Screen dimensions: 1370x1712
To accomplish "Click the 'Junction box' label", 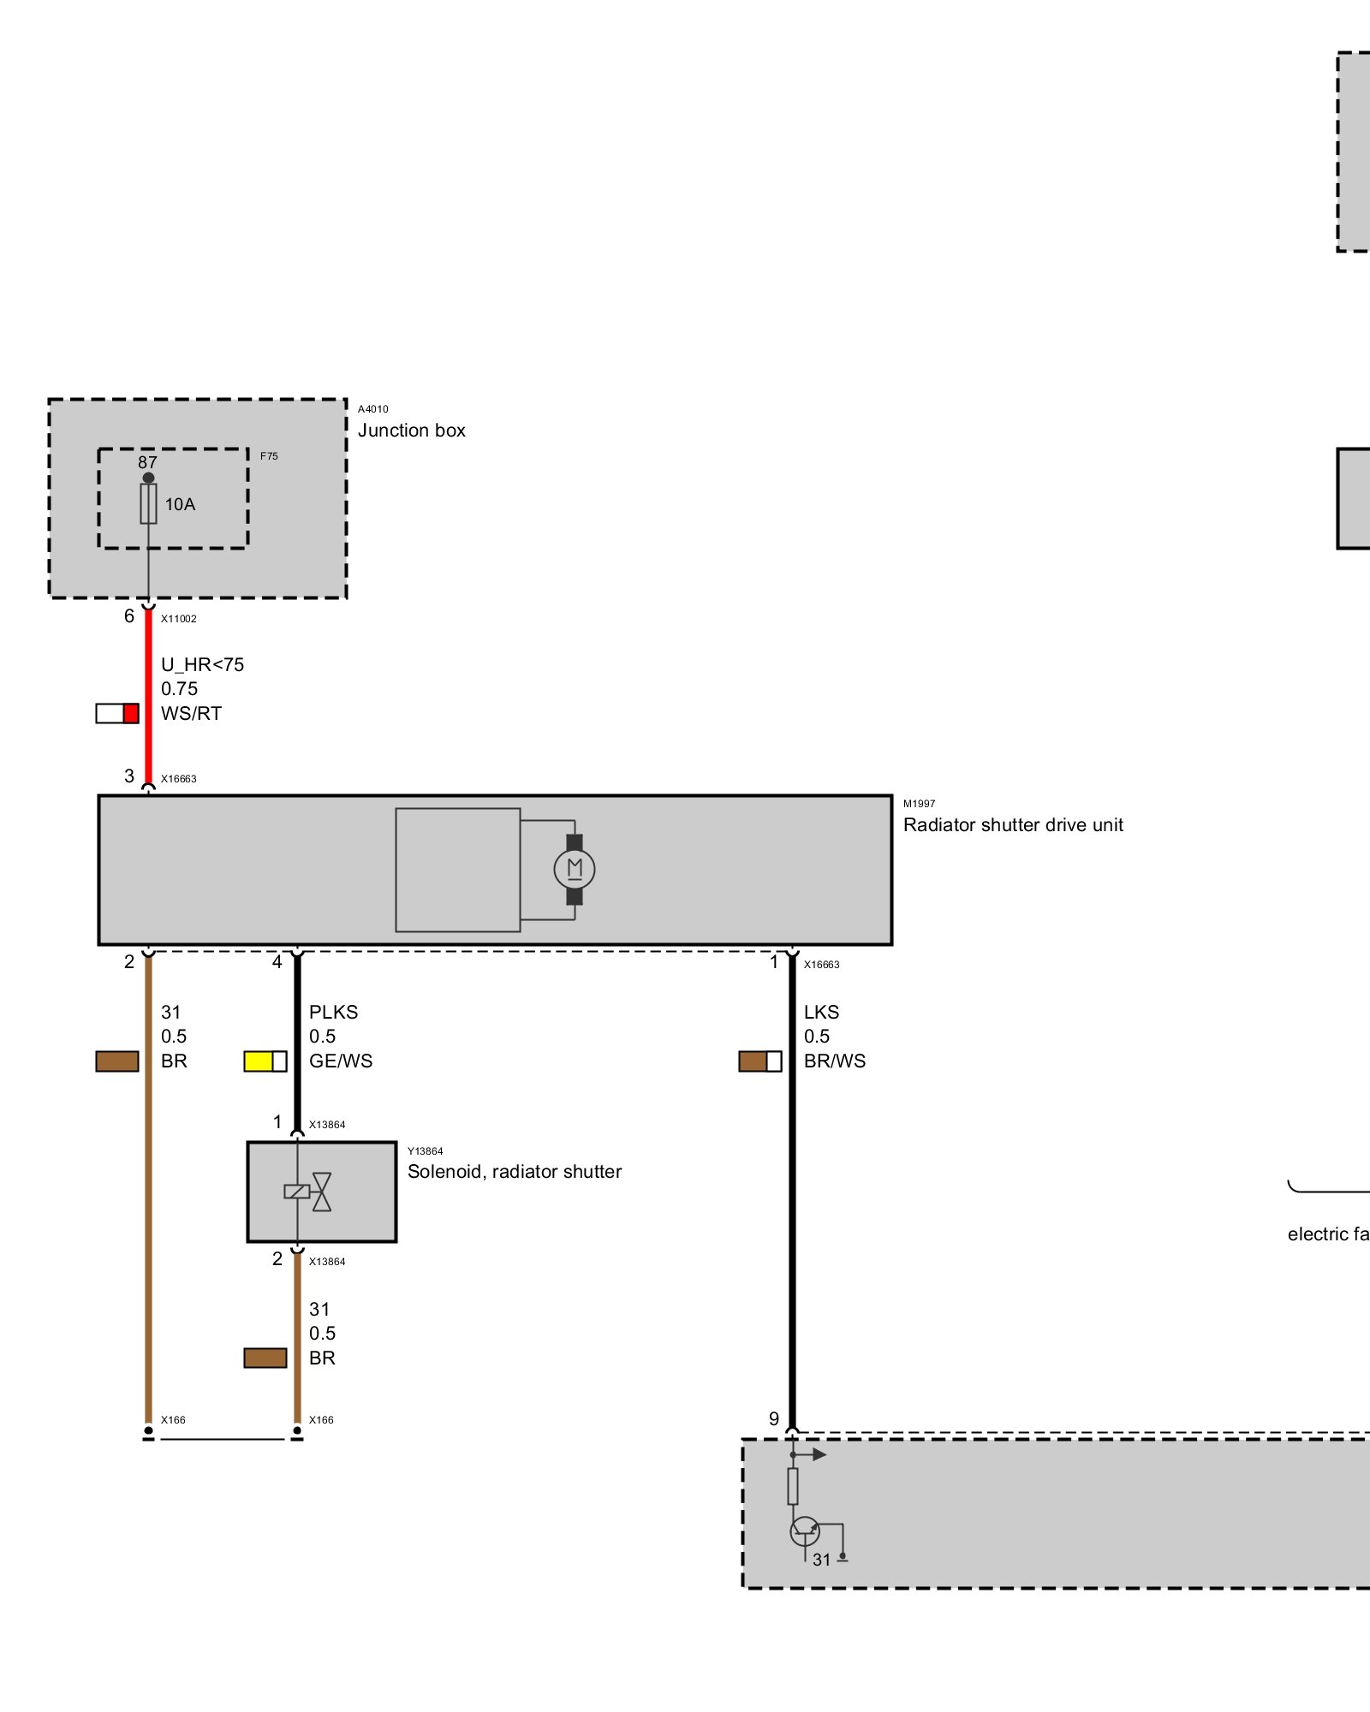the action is [411, 431].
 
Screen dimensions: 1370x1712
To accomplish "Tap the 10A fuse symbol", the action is [149, 504].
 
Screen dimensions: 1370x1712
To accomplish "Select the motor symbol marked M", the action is [575, 870].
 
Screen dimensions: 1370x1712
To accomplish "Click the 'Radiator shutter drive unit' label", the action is [1013, 825].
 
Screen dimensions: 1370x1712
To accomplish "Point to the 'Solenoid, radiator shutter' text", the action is [515, 1172].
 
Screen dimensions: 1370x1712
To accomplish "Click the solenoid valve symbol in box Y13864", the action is [308, 1192].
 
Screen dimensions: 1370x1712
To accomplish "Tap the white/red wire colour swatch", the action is [117, 713].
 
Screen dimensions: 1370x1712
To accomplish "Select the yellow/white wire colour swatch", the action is [265, 1061].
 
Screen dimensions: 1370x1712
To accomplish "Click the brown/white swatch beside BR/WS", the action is [760, 1061].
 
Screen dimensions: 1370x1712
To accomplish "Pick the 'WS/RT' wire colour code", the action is [191, 714].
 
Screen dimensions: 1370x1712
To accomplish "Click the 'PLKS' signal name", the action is [333, 1013].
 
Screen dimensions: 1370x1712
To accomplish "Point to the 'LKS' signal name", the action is [821, 1013].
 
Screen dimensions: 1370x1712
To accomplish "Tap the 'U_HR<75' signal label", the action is [202, 665].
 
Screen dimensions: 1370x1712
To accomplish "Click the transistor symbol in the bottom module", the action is [805, 1531].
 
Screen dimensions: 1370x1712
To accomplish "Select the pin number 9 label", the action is [774, 1419].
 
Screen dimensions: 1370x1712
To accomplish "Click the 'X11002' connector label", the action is [179, 619].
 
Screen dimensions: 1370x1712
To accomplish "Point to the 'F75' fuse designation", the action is [269, 456].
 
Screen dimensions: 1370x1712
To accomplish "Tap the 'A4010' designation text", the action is [373, 409].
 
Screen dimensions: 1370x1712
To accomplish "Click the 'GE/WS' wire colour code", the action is [341, 1061].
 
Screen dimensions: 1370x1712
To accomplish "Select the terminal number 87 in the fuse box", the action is [147, 462].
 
